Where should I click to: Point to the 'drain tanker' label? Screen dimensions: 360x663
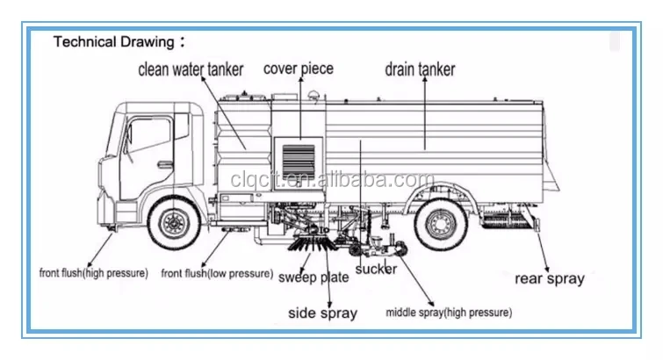[x=420, y=69]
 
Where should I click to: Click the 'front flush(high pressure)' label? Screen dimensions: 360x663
[x=93, y=273]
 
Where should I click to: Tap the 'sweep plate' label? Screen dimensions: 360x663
[x=313, y=277]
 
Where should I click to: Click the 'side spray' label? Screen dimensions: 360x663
[x=322, y=313]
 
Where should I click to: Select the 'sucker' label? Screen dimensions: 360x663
[x=376, y=269]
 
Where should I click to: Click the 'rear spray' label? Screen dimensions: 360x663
[x=549, y=278]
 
